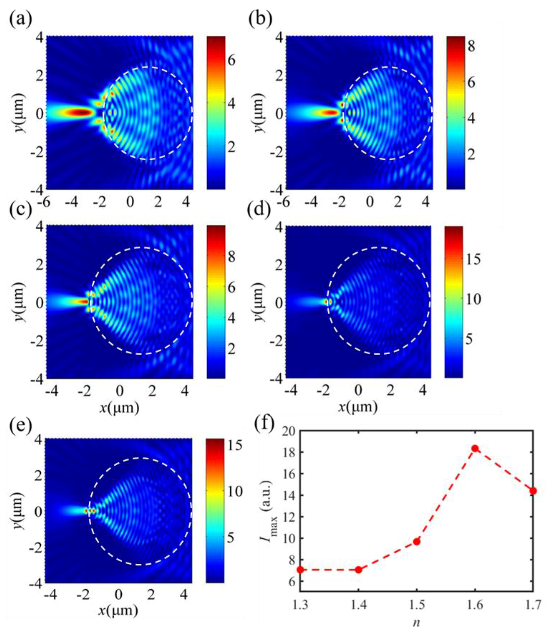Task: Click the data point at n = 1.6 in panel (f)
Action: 475,449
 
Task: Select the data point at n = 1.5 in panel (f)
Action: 417,542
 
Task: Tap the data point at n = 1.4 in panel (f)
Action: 358,569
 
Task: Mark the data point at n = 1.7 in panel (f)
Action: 533,491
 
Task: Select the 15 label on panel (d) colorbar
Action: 473,259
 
